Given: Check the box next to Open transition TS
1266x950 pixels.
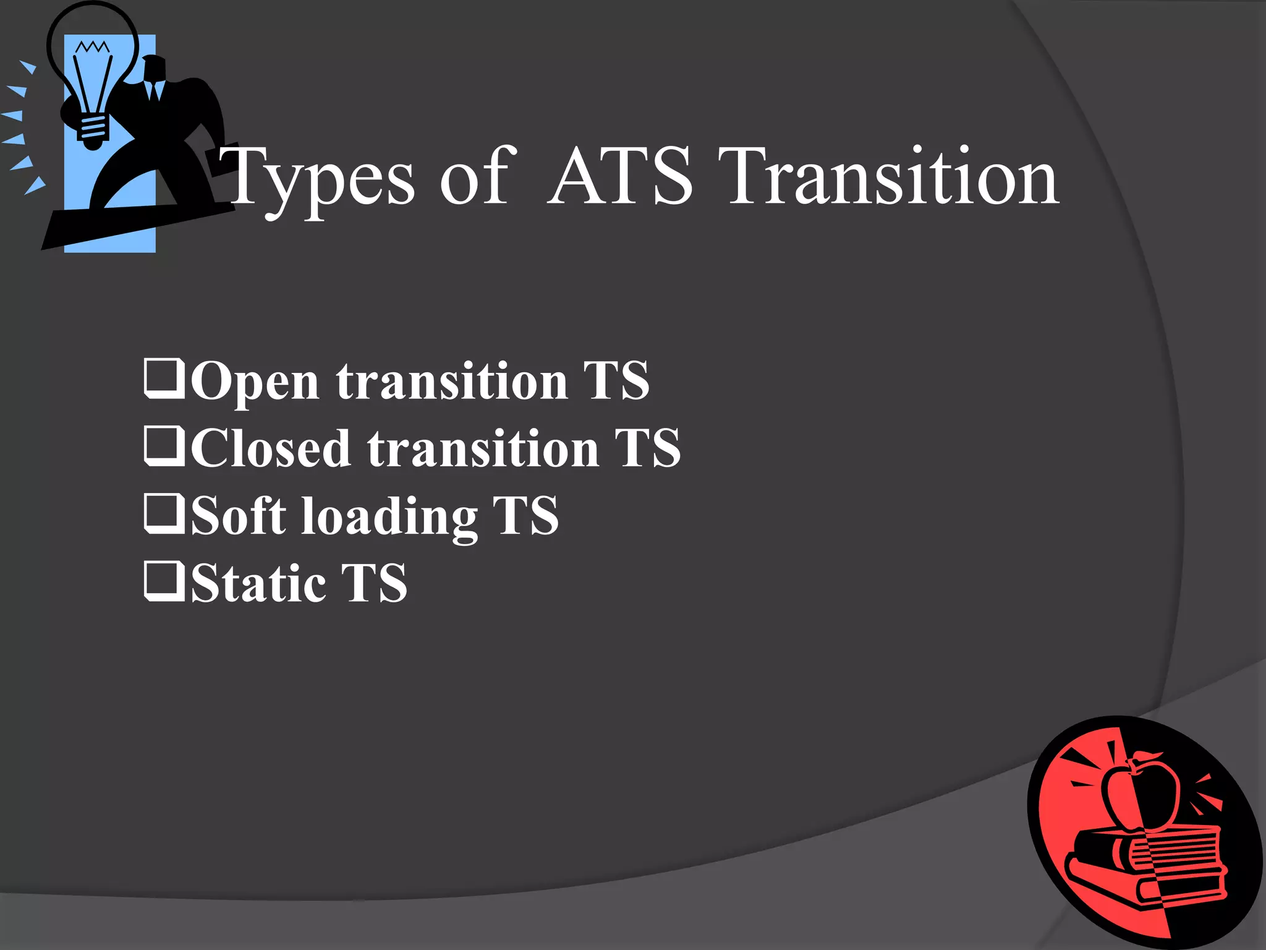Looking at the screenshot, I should click(164, 378).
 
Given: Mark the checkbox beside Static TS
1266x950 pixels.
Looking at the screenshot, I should click(164, 581).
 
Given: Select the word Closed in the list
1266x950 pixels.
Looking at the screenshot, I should click(271, 448).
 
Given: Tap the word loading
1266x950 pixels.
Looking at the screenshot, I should click(389, 517).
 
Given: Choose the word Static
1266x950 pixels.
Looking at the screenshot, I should click(258, 583).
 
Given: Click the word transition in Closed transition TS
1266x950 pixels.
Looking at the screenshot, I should click(483, 448).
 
